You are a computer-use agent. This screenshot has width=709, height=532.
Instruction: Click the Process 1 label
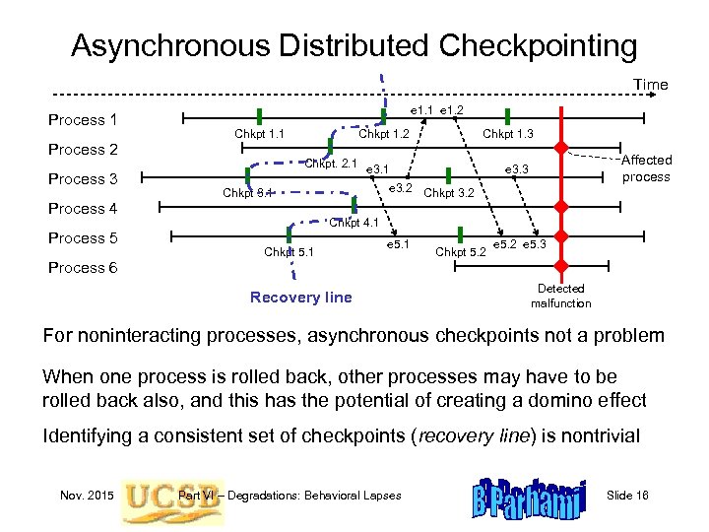coord(83,120)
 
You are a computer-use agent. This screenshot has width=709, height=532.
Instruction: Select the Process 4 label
coord(83,209)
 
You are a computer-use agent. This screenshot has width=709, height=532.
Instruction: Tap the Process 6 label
coord(83,268)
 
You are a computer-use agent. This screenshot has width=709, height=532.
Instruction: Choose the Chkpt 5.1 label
coord(289,252)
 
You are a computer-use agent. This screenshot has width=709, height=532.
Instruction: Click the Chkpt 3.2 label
coord(448,193)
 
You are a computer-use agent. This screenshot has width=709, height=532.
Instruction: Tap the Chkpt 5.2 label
coord(461,252)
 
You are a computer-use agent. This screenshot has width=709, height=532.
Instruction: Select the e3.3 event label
coord(517,170)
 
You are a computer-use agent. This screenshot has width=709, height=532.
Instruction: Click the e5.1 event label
coord(398,242)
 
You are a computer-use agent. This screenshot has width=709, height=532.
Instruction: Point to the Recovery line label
coord(300,297)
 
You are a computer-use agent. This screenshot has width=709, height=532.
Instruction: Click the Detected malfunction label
coord(560,296)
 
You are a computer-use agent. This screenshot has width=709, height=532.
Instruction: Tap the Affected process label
coord(646,168)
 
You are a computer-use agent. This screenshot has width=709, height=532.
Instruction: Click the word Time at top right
coord(650,85)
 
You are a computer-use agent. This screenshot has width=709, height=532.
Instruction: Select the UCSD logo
coord(149,495)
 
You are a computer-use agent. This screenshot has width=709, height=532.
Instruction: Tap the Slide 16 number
coord(627,495)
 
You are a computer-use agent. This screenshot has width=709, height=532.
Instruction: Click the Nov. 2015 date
coord(87,495)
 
